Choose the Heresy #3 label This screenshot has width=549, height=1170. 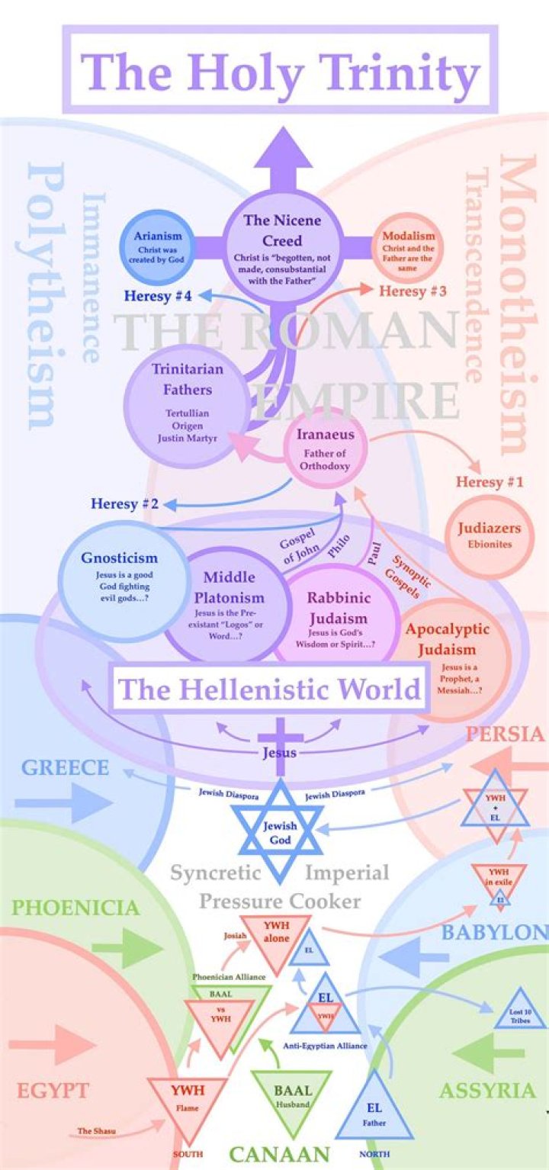click(413, 291)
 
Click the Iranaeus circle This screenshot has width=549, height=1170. click(326, 448)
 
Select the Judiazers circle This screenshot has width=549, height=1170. click(489, 535)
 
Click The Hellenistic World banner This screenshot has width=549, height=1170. click(268, 689)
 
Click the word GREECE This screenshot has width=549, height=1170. click(65, 767)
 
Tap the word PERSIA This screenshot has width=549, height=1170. click(505, 734)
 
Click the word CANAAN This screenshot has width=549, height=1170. click(279, 1154)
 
